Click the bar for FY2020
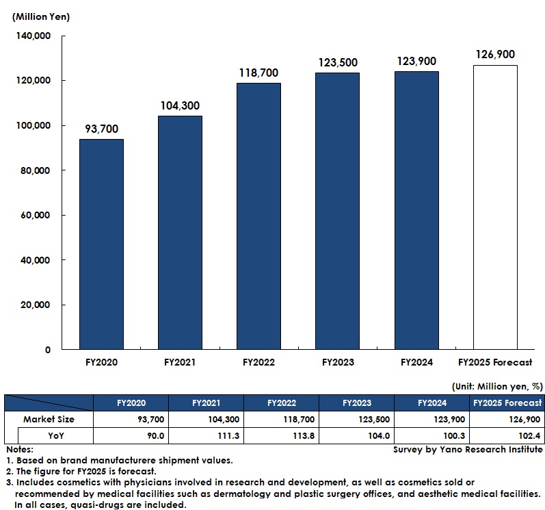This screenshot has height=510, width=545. point(101,244)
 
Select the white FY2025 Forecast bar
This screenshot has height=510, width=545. point(495,207)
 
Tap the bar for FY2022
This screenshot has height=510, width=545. point(258,216)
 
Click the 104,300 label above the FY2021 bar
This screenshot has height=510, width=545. point(181,105)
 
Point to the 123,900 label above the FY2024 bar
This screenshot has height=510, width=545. point(416,61)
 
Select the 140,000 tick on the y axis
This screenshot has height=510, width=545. point(34,36)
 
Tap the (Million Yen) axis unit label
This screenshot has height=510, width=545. point(40,16)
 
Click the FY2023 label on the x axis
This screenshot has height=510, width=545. point(338,362)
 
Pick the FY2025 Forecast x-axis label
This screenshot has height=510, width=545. point(494,362)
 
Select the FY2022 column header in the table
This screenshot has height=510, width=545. point(280,403)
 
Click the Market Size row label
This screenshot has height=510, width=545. point(49,419)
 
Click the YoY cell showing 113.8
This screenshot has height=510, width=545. point(280,435)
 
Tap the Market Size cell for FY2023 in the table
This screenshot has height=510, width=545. point(356,419)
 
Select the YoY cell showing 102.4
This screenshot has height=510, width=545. point(506,435)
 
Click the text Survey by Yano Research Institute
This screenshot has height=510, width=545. point(468,450)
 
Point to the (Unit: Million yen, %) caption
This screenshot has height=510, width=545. point(497,387)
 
